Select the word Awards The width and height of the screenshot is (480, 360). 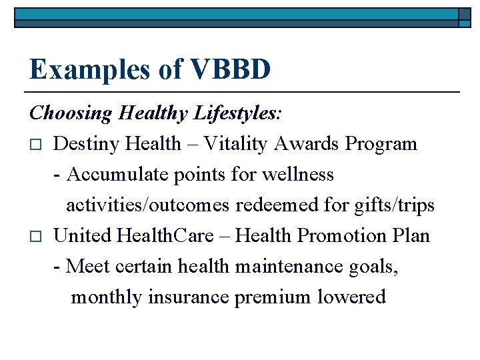(309, 144)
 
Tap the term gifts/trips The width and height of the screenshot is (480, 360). (392, 205)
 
